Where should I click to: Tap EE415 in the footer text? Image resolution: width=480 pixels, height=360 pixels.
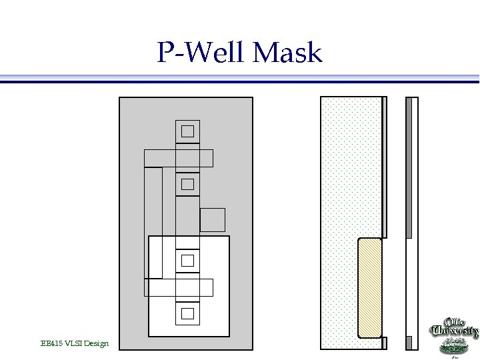[x=51, y=343]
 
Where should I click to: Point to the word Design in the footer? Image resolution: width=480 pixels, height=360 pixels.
[x=97, y=343]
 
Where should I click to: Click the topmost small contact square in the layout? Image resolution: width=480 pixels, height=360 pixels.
[x=187, y=131]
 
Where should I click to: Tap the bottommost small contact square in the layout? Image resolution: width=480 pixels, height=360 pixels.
[x=187, y=313]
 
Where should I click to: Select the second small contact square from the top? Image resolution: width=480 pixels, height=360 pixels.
[x=187, y=183]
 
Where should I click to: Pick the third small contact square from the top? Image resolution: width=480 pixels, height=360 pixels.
[x=187, y=260]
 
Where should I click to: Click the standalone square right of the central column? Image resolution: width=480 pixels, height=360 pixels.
[x=212, y=219]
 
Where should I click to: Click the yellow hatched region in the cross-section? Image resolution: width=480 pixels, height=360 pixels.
[x=370, y=288]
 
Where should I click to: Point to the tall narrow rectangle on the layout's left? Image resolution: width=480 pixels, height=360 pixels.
[x=153, y=222]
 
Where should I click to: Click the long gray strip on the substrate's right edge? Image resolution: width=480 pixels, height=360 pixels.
[x=384, y=167]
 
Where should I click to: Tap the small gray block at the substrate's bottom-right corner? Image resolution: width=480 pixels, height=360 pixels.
[x=384, y=343]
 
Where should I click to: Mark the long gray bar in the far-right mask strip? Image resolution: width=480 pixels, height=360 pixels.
[x=409, y=167]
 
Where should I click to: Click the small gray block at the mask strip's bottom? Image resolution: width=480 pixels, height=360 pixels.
[x=409, y=343]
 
